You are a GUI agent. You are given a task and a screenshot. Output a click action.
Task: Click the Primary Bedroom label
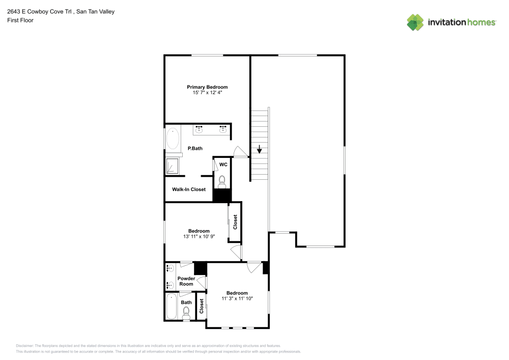click(x=207, y=87)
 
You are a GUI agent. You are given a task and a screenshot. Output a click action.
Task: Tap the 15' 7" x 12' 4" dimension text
click(x=207, y=93)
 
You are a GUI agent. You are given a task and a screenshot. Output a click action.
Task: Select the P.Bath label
click(x=195, y=149)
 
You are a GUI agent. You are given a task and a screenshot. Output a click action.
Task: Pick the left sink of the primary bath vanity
click(x=199, y=129)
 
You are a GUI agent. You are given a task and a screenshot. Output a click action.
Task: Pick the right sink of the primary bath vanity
click(x=223, y=129)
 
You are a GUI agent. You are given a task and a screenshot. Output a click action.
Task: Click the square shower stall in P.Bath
click(x=173, y=166)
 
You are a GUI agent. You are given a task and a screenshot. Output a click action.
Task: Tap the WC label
click(x=223, y=164)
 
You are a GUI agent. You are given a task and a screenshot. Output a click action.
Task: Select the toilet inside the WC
click(x=222, y=181)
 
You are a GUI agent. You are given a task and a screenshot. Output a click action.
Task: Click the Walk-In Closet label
click(x=189, y=189)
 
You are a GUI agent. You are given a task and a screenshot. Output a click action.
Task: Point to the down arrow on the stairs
click(x=259, y=149)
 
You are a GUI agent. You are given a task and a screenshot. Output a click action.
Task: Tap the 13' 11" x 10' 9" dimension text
click(x=199, y=237)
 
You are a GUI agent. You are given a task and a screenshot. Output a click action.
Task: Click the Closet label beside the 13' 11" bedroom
click(x=235, y=222)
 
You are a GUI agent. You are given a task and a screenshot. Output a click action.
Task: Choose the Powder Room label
click(x=186, y=281)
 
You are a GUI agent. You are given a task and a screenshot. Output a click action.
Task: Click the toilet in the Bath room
click(x=186, y=311)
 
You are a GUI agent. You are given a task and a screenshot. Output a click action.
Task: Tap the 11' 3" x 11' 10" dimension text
click(x=237, y=299)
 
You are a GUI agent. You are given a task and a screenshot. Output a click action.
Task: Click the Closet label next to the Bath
click(x=202, y=306)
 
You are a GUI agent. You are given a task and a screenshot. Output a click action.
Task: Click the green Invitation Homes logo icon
click(x=415, y=22)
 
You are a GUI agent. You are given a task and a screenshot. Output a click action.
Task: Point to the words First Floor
click(x=20, y=20)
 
